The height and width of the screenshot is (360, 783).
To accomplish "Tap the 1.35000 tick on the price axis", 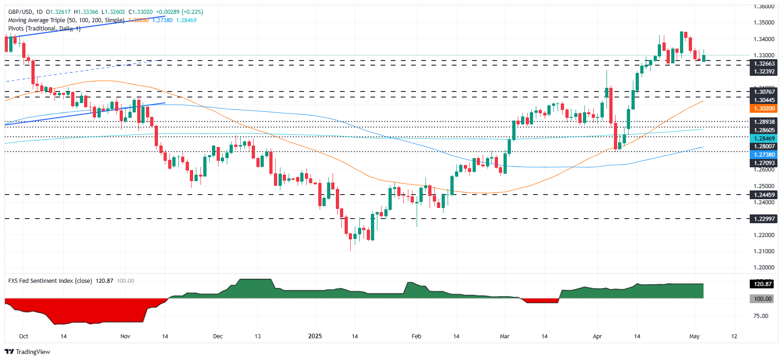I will [764, 23].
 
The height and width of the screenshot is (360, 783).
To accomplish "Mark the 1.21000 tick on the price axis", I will [764, 251].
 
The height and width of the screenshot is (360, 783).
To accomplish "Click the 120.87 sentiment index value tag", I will [763, 284].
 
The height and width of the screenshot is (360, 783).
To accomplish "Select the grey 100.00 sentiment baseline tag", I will [763, 299].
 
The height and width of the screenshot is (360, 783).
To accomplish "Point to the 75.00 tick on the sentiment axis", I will [761, 316].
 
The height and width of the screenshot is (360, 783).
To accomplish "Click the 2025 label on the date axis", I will [315, 336].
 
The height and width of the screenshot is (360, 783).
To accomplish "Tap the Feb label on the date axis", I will [416, 336].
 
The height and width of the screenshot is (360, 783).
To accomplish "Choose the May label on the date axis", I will [694, 336].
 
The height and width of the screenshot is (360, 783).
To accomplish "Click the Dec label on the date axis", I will [218, 336].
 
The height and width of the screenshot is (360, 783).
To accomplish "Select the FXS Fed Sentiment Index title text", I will [50, 281].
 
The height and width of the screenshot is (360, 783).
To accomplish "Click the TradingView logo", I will [27, 352].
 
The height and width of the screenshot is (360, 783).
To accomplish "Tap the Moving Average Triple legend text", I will [66, 20].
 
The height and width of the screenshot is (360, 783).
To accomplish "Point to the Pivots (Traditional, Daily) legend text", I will [44, 29].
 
